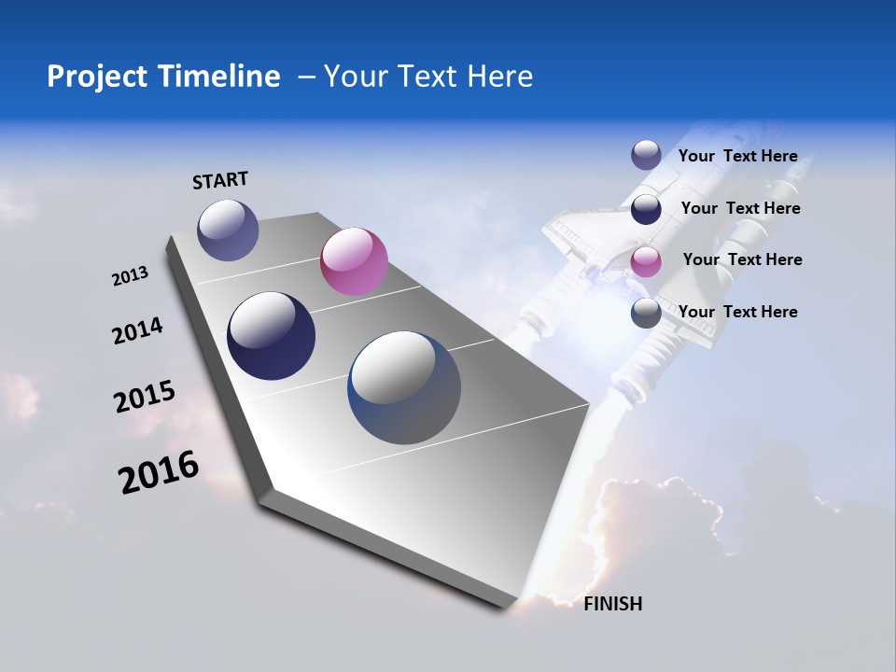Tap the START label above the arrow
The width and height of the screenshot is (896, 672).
point(220,180)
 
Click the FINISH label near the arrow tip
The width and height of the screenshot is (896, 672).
point(612,604)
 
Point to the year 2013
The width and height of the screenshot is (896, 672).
point(130,276)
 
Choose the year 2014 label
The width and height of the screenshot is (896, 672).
point(137,330)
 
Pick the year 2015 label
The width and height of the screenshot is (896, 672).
point(144,397)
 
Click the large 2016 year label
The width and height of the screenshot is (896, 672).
point(159,472)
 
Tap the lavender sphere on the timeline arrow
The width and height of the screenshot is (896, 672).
point(228,230)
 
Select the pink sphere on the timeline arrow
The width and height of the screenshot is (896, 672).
point(354,261)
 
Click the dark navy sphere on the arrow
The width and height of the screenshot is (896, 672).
point(272,336)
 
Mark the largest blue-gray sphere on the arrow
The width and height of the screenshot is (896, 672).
point(404,387)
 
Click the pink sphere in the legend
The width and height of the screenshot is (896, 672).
point(646,261)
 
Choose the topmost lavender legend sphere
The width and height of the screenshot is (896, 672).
point(646,155)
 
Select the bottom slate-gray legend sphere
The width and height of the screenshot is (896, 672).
point(646,313)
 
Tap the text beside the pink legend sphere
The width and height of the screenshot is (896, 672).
point(742,259)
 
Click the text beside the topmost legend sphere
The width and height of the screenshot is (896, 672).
point(737,156)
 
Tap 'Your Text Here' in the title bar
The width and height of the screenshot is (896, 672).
point(427,77)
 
